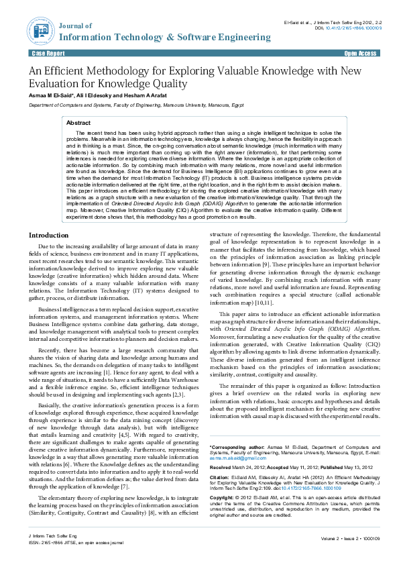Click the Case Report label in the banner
48,52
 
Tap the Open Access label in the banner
360,52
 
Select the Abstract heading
78,123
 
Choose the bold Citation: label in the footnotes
221,477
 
